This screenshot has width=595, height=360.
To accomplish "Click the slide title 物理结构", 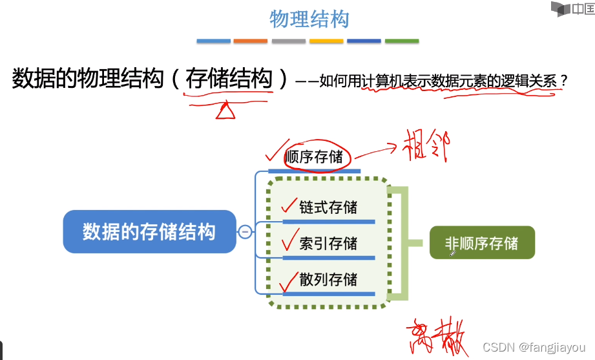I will coord(309,19).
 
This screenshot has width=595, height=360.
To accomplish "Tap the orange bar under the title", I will coord(250,41).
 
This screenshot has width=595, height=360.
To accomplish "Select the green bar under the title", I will coord(401,41).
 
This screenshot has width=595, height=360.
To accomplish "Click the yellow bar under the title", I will coord(326,41).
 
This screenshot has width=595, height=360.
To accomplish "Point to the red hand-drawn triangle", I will coord(225,111).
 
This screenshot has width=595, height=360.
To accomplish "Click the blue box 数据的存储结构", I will coord(149,231).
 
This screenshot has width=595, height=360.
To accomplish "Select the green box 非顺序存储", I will coord(482,243).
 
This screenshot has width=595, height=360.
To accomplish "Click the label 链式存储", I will coord(328,207).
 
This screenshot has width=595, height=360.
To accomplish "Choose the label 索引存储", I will coord(328,244).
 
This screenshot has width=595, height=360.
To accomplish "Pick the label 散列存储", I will coord(328,279).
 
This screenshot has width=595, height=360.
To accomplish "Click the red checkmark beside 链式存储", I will coord(289,206).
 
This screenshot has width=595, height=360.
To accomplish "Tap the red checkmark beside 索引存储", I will coord(289,241).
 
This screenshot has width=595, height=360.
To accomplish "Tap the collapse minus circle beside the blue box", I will coord(245,231).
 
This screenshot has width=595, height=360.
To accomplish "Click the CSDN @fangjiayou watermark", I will coord(534,347).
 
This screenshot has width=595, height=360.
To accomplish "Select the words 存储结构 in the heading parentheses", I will coord(229,79).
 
